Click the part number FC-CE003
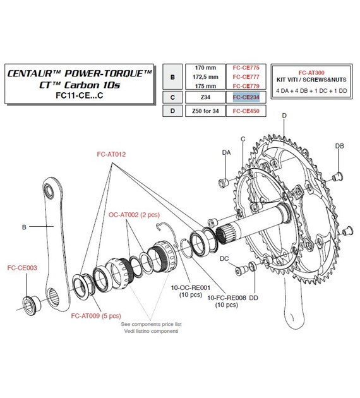click(x=21, y=267)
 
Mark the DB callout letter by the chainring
click(x=339, y=146)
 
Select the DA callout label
click(x=226, y=153)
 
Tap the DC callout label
click(x=224, y=258)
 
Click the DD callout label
click(x=254, y=298)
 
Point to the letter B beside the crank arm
click(x=24, y=225)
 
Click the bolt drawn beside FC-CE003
click(x=29, y=303)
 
